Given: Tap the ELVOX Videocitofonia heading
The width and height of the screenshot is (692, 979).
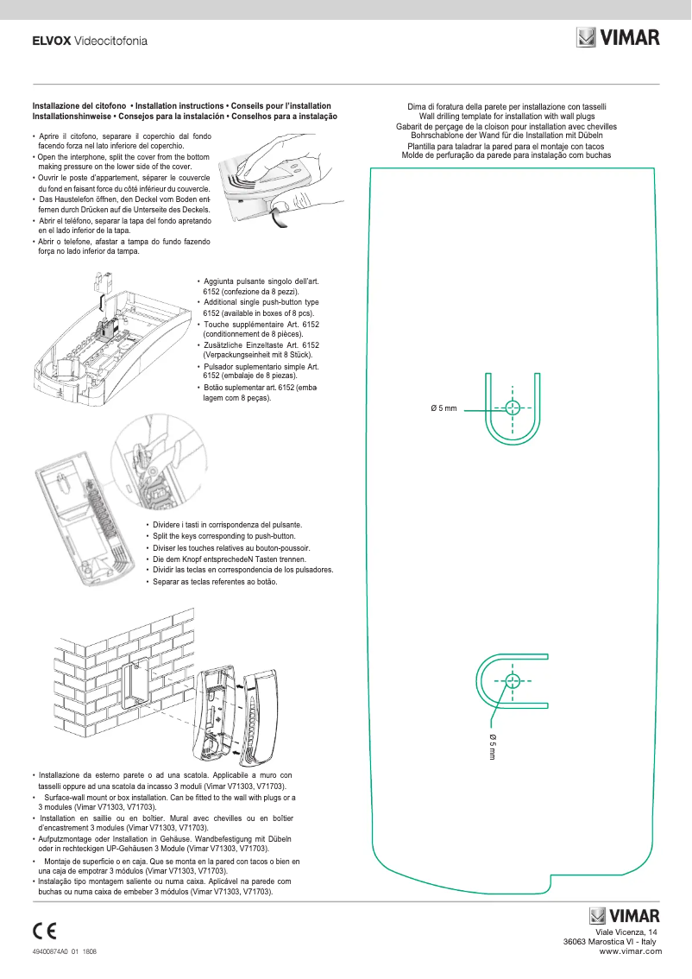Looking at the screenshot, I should [x=89, y=41].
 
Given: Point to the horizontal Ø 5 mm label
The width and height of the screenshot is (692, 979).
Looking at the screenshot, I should [x=444, y=408].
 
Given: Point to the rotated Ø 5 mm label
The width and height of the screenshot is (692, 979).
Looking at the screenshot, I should [x=492, y=746].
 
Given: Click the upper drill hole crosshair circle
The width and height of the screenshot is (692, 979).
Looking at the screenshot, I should [x=513, y=408].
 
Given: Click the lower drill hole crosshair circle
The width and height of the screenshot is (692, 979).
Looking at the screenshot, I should [x=513, y=680].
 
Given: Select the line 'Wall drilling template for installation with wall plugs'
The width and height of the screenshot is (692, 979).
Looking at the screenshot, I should [x=506, y=116].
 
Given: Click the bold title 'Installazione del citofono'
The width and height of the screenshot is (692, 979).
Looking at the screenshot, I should [x=79, y=105].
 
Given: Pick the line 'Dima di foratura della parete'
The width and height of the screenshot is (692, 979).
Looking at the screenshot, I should [x=506, y=106].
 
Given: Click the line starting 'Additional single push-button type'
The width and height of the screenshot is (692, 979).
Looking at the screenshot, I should [x=260, y=302].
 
